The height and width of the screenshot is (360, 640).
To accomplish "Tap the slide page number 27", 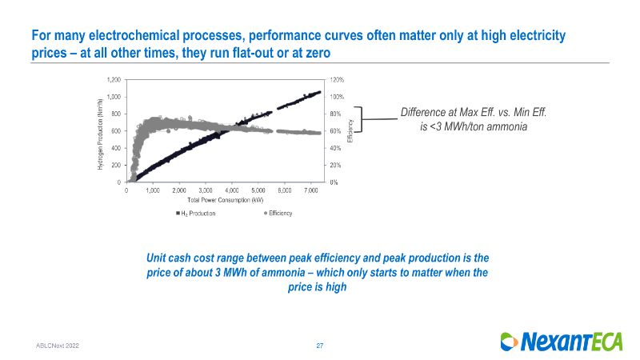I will (x=320, y=345).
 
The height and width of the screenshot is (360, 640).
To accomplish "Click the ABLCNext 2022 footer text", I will (x=57, y=345).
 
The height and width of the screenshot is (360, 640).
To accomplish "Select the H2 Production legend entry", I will (x=196, y=213).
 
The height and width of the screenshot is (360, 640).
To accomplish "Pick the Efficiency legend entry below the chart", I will (x=278, y=213).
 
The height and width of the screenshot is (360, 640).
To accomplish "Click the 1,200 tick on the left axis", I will (x=114, y=80).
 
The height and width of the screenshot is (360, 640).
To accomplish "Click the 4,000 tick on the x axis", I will (x=232, y=190).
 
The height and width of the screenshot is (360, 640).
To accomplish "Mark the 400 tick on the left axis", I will (x=117, y=148).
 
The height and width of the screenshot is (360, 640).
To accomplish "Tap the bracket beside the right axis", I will (x=359, y=119).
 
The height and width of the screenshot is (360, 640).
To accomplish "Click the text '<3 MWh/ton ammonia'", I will (x=474, y=127).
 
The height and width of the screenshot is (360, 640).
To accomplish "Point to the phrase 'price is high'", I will (x=317, y=286).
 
